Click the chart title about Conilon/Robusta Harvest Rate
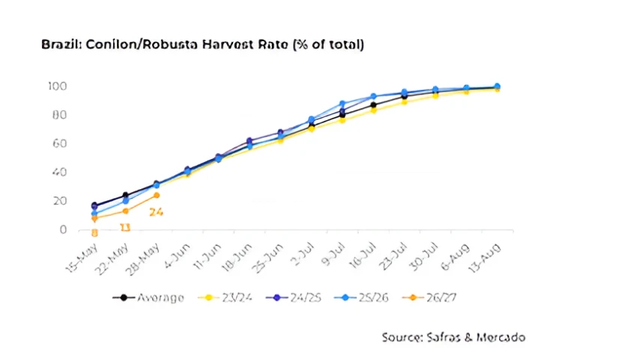pos(202,44)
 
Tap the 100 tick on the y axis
pos(58,86)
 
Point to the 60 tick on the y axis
pos(59,143)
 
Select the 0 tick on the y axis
pos(63,229)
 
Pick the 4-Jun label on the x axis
pos(178,256)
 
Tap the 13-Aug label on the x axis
pos(485,258)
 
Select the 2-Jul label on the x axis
pos(302,255)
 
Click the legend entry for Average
pos(148,298)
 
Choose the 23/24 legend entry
pos(225,298)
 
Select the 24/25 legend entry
pos(294,298)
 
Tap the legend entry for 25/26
pos(361,298)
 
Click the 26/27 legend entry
pos(429,298)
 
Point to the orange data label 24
pos(157,212)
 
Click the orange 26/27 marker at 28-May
pos(157,195)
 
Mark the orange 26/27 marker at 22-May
pos(125,211)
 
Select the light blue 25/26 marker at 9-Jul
pos(342,104)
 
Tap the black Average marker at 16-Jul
pos(373,105)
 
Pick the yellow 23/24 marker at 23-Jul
pos(404,101)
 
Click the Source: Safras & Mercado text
pos(453,337)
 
